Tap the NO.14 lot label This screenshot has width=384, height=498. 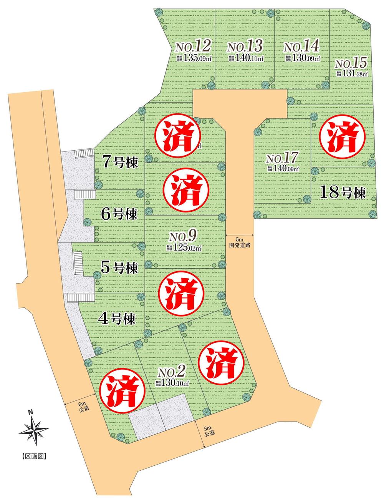point(301,47)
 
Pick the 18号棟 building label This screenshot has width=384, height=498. point(342,193)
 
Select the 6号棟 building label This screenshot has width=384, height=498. point(118,214)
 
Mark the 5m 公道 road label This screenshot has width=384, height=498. point(208,431)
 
